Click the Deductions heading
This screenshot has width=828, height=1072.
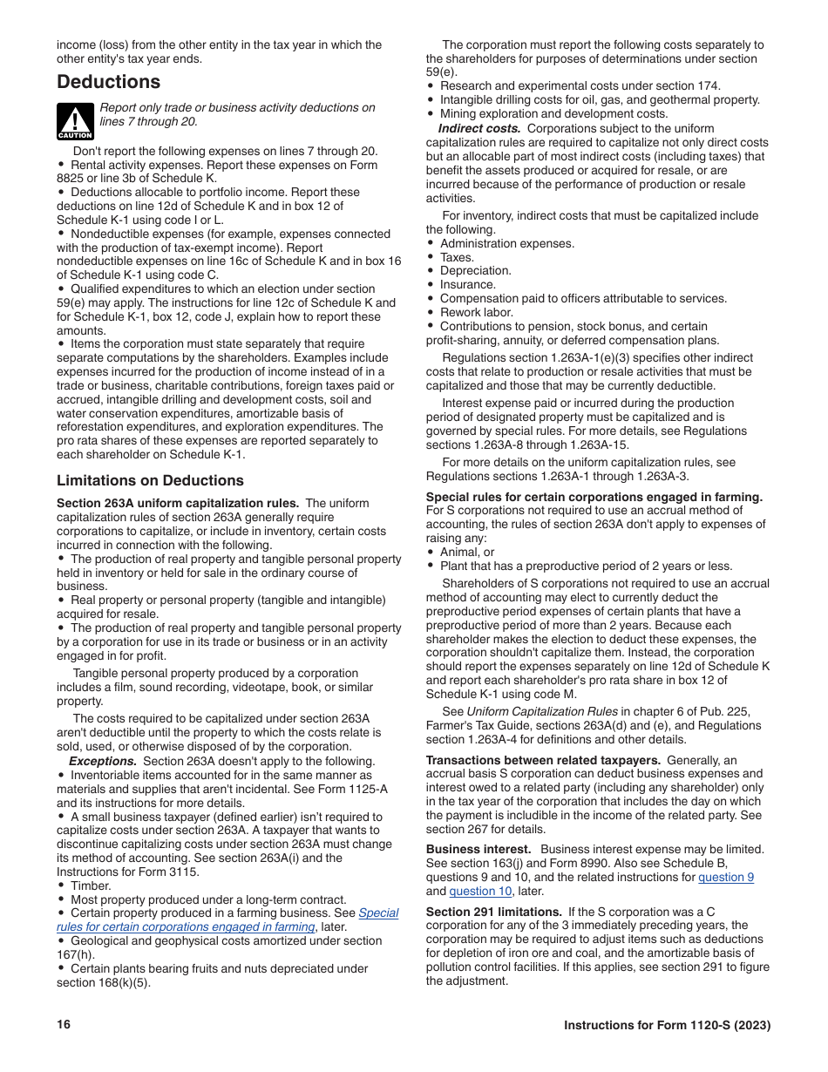click(x=108, y=82)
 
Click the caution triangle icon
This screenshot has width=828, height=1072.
click(x=75, y=121)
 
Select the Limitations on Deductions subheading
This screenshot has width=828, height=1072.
click(x=150, y=480)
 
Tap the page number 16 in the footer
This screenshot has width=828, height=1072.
click(x=64, y=1024)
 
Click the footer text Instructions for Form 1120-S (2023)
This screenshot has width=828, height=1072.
click(x=667, y=1025)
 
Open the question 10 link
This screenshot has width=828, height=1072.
click(x=479, y=892)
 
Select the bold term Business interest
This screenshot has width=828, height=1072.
click(x=478, y=850)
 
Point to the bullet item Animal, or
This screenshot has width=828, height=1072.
click(x=466, y=552)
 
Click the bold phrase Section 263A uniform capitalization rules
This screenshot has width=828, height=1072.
click(x=178, y=503)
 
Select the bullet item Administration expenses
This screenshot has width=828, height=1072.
click(x=506, y=243)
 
